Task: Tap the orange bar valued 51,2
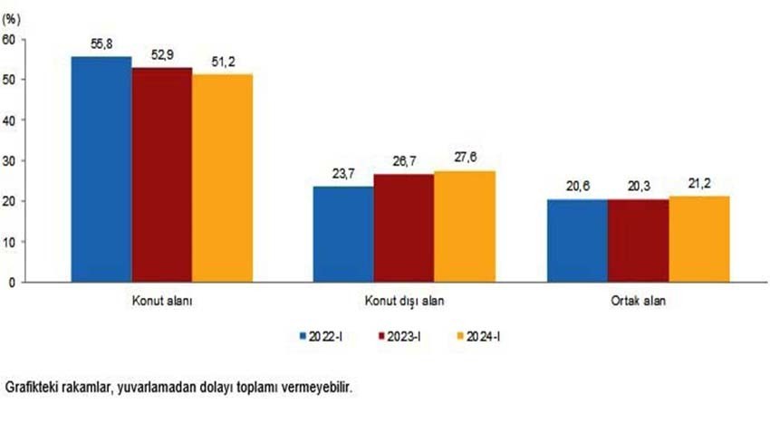[x=223, y=178]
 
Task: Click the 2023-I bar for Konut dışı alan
[x=404, y=227]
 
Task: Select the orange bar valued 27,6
[x=465, y=226]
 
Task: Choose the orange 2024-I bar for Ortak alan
[x=699, y=239]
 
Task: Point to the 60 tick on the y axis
[x=10, y=39]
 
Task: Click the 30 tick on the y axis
[x=10, y=160]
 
